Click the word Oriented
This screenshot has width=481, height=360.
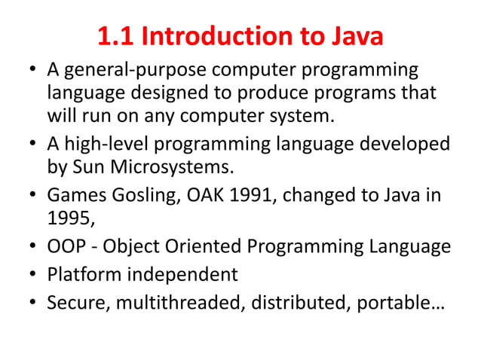click(x=191, y=246)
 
